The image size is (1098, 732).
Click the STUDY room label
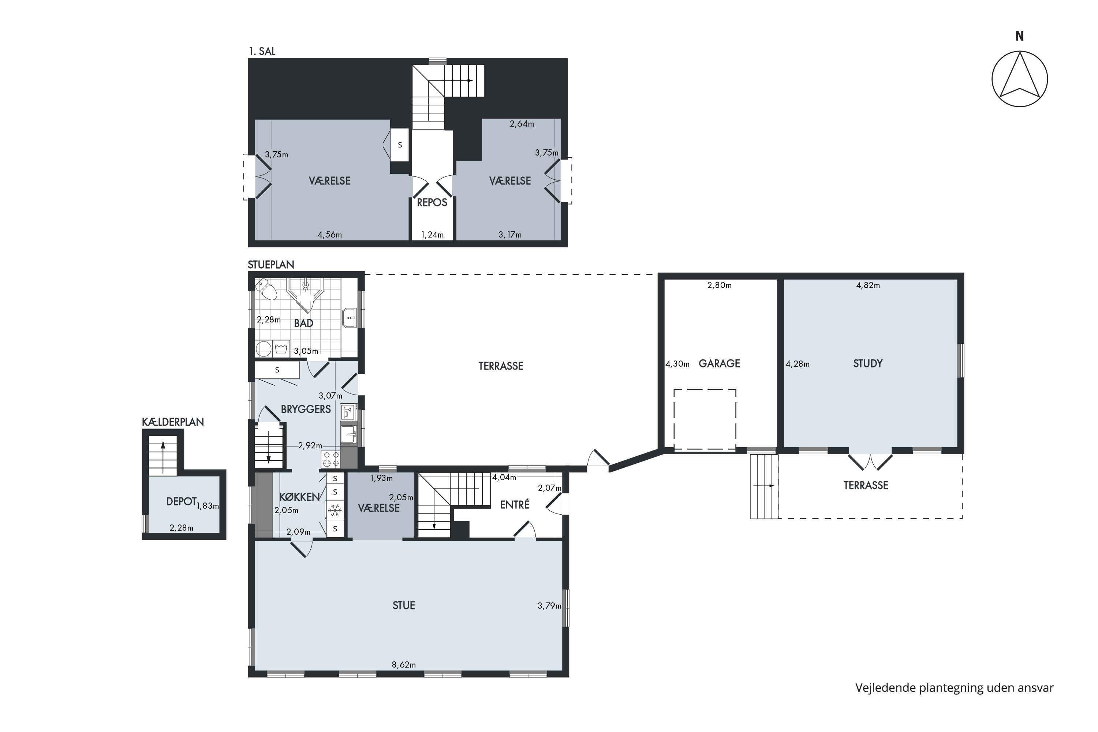[x=867, y=364]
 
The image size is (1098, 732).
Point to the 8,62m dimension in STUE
[x=404, y=665]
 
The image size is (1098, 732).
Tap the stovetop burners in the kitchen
[x=330, y=459]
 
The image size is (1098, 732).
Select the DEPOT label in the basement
[x=181, y=501]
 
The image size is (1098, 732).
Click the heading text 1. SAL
[x=262, y=51]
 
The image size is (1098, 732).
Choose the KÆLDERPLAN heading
[x=173, y=422]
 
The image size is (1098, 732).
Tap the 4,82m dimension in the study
[x=868, y=285]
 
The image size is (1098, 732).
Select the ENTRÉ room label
[x=515, y=505]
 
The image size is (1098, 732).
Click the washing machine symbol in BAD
[x=281, y=349]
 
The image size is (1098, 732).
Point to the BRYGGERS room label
[x=306, y=410]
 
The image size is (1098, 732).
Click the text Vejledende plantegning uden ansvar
[x=954, y=688]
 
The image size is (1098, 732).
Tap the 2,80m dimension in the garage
[x=720, y=285]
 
